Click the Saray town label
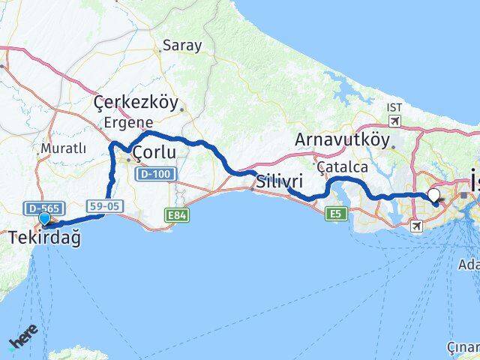click(x=183, y=46)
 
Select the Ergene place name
click(x=129, y=122)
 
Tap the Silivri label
click(x=279, y=181)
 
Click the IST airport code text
click(x=394, y=107)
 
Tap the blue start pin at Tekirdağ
click(x=44, y=218)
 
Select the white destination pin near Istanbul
click(x=433, y=196)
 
